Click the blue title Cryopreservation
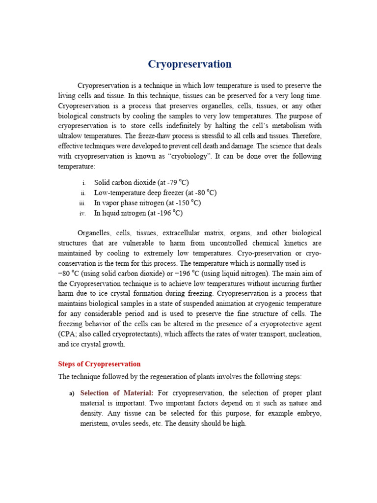point(190,64)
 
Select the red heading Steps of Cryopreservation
point(99,364)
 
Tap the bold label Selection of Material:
point(117,393)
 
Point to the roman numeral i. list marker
point(84,183)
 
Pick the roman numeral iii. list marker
point(82,203)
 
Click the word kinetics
point(286,243)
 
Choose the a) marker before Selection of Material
point(72,393)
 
